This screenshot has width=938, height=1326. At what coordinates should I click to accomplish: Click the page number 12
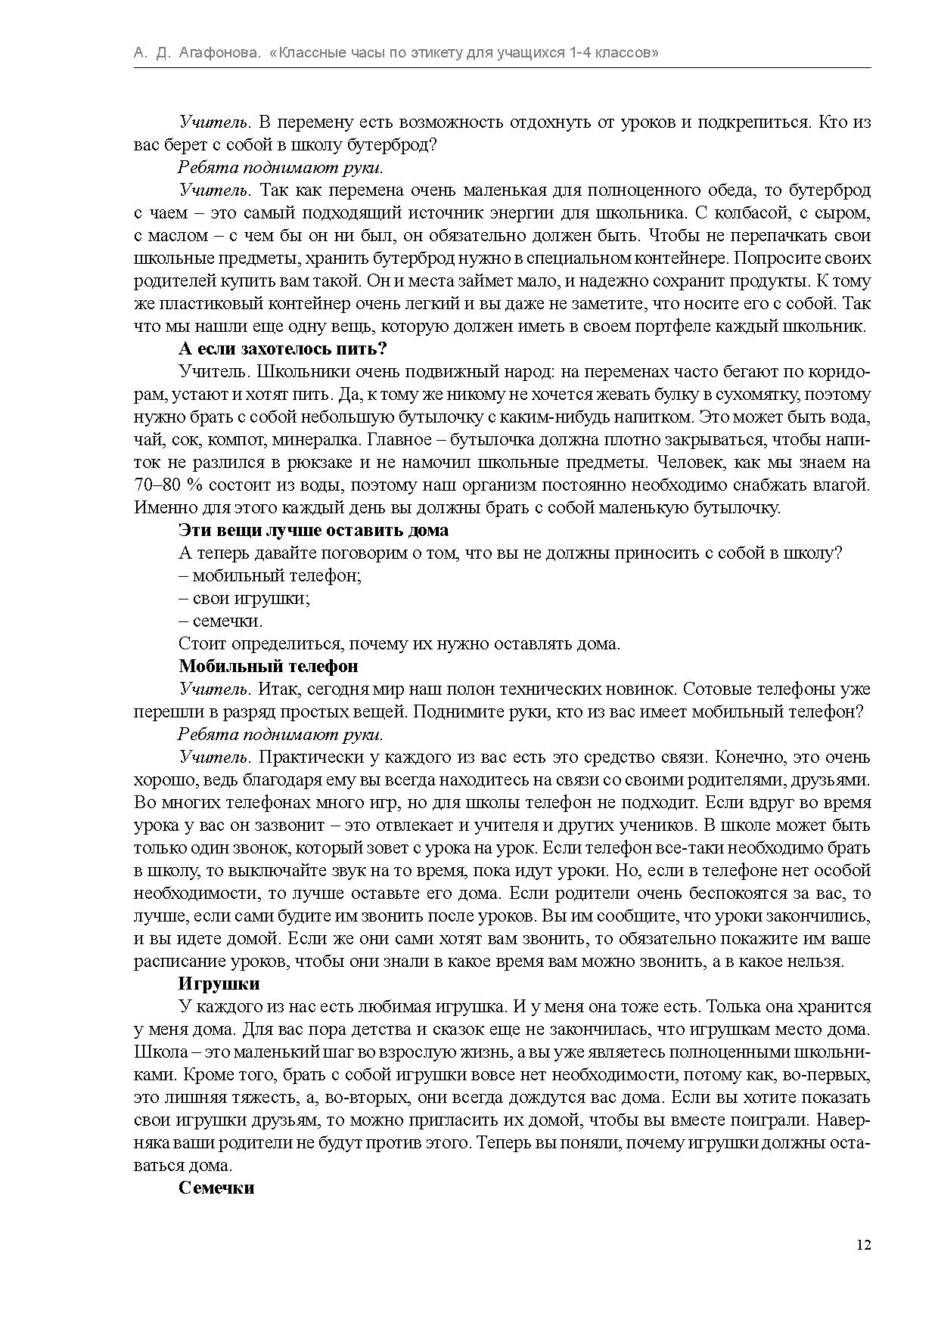point(864,1245)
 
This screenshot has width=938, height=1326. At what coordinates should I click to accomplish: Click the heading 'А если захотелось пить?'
point(283,349)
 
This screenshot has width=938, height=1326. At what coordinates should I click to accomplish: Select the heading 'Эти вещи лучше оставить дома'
point(313,531)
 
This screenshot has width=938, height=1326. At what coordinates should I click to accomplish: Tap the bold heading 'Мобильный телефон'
point(268,667)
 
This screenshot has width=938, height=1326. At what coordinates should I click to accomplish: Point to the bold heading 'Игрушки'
point(219,984)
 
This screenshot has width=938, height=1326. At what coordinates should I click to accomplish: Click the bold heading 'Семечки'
point(216,1188)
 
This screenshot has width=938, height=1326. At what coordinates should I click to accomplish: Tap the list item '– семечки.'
point(221,621)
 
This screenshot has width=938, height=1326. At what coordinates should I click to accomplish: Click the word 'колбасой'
point(748,213)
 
